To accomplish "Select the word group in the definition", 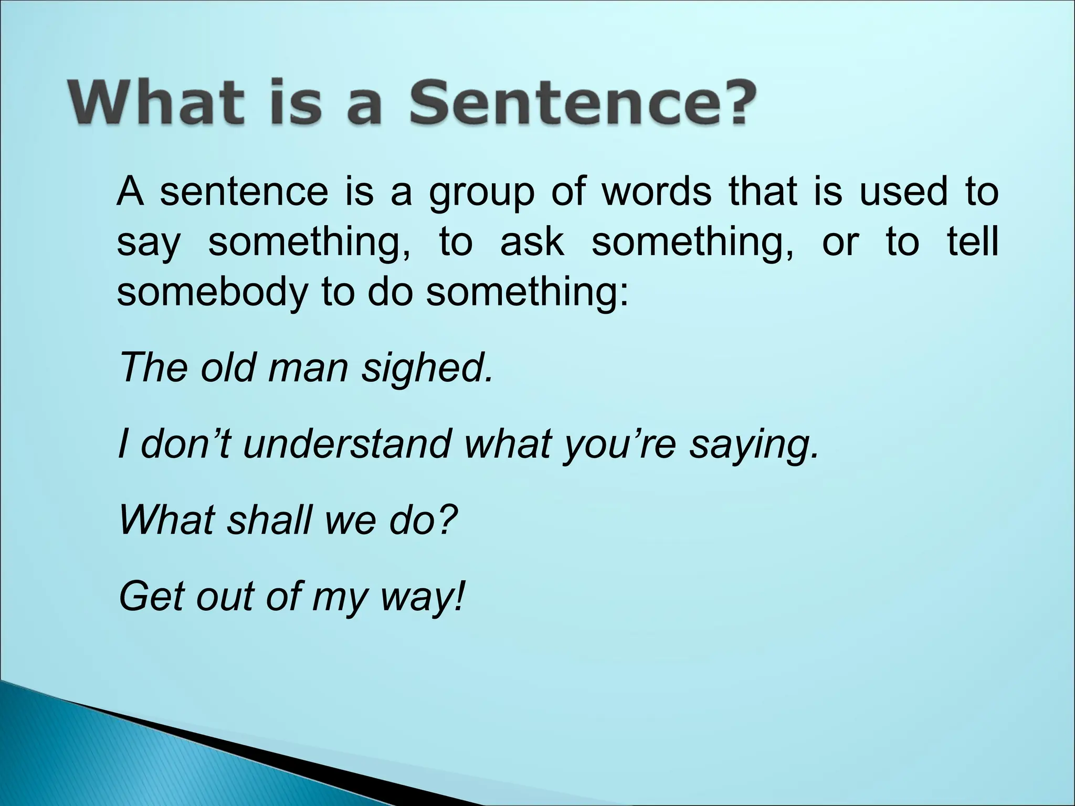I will (481, 194).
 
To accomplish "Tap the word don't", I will (185, 444).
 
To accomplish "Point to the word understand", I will (347, 444).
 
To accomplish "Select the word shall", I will (269, 521).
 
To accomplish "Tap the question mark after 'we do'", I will (447, 521).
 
